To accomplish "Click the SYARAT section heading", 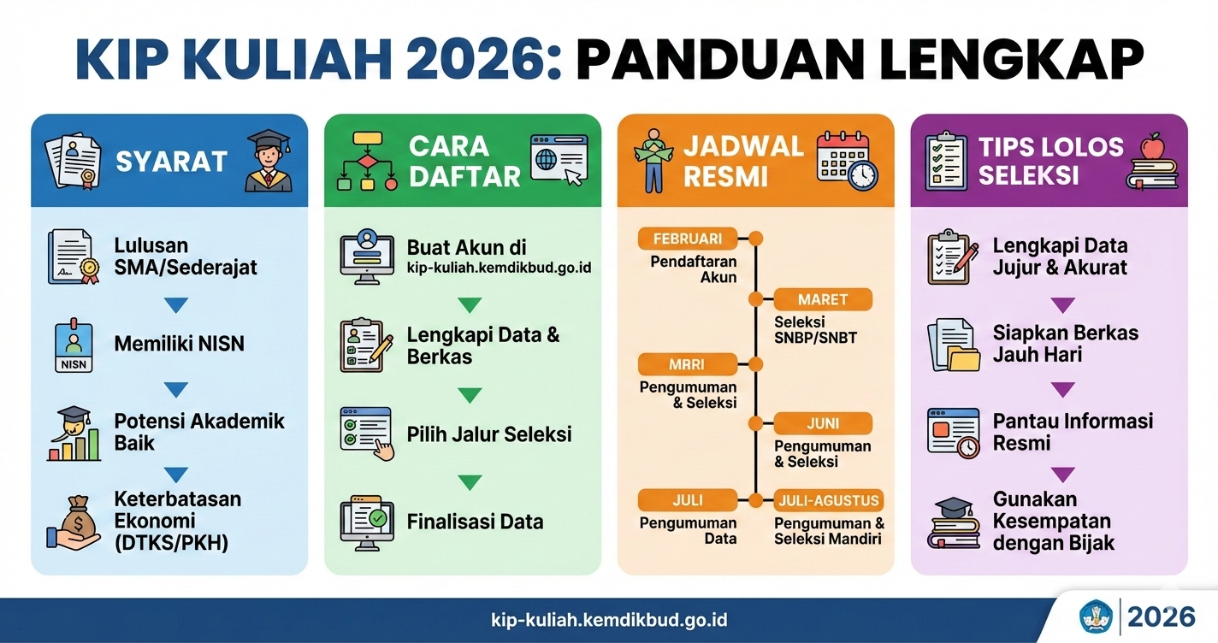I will [x=171, y=162].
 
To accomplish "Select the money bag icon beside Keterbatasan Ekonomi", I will [x=73, y=522].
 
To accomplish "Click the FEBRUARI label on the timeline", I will [x=688, y=239].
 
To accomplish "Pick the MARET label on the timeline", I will [x=823, y=299].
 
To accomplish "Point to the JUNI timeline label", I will [x=823, y=423].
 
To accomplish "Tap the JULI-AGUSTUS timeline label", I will [x=829, y=500].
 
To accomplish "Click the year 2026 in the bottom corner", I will [x=1161, y=616].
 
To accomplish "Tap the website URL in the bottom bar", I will [x=609, y=620].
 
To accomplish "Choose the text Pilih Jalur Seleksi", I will [x=488, y=434].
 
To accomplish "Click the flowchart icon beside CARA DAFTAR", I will [x=368, y=161].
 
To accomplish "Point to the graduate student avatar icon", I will [x=269, y=161].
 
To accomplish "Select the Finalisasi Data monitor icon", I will [x=366, y=521].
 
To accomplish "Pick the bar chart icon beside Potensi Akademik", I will [x=73, y=434].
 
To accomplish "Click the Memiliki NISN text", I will [x=179, y=344].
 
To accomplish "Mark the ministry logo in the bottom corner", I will [x=1097, y=616].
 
